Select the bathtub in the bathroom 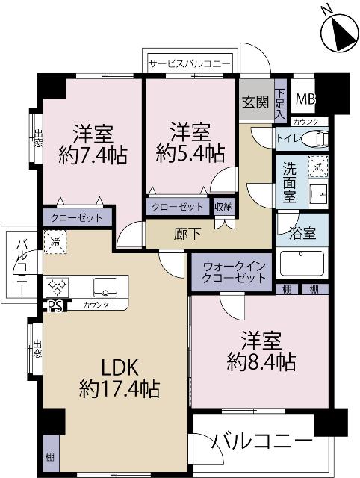click(301, 264)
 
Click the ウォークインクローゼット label click(231, 272)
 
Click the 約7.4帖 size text click(92, 155)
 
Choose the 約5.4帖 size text click(190, 153)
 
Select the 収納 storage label click(223, 207)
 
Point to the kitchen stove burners click(58, 287)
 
